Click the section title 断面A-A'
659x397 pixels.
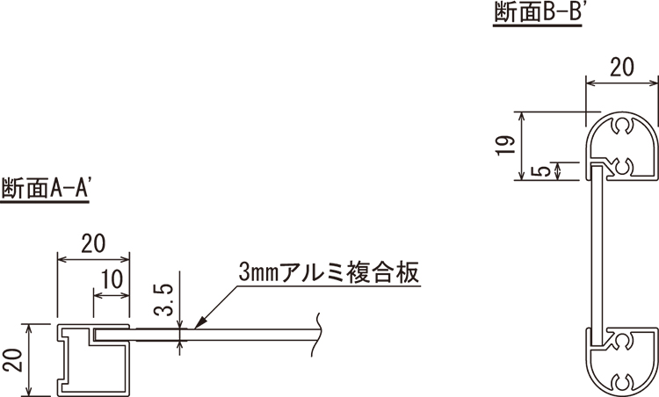pyautogui.click(x=46, y=188)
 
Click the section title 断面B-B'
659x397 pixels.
pyautogui.click(x=538, y=11)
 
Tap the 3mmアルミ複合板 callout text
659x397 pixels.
pyautogui.click(x=329, y=272)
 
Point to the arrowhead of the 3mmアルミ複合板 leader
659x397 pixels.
pyautogui.click(x=199, y=322)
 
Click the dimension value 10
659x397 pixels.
pyautogui.click(x=112, y=279)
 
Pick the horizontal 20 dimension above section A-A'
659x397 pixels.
pyautogui.click(x=93, y=244)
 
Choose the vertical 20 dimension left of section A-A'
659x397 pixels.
pyautogui.click(x=16, y=359)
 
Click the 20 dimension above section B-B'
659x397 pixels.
pyautogui.click(x=621, y=68)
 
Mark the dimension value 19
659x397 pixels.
pyautogui.click(x=505, y=146)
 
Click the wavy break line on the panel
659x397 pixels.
pyautogui.click(x=317, y=335)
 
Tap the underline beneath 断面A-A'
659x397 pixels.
pyautogui.click(x=45, y=202)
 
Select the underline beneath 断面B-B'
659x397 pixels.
pyautogui.click(x=538, y=25)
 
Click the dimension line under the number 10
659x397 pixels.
pyautogui.click(x=112, y=295)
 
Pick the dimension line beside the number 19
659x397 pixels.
pyautogui.click(x=522, y=146)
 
